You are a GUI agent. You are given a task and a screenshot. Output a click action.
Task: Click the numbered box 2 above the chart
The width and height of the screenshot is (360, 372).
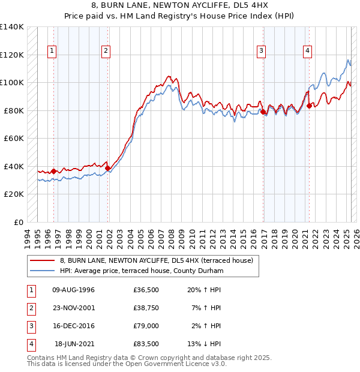(106, 52)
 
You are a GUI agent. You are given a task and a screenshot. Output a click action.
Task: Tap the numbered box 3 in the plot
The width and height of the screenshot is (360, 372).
(262, 52)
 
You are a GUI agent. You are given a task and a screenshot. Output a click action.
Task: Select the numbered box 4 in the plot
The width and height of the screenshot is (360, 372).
(307, 52)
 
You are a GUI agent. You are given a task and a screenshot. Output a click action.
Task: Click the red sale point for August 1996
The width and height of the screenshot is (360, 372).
(53, 171)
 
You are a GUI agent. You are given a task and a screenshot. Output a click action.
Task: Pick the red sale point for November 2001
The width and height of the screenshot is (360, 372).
(107, 168)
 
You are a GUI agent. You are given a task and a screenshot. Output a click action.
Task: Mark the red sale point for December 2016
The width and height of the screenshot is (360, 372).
(263, 112)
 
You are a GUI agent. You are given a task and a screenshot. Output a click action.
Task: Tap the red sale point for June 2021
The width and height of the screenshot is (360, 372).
(309, 106)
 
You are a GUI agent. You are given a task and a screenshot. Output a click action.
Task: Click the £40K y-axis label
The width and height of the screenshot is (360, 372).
(14, 166)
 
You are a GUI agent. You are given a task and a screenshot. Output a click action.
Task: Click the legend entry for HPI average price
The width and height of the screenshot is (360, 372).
(142, 271)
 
